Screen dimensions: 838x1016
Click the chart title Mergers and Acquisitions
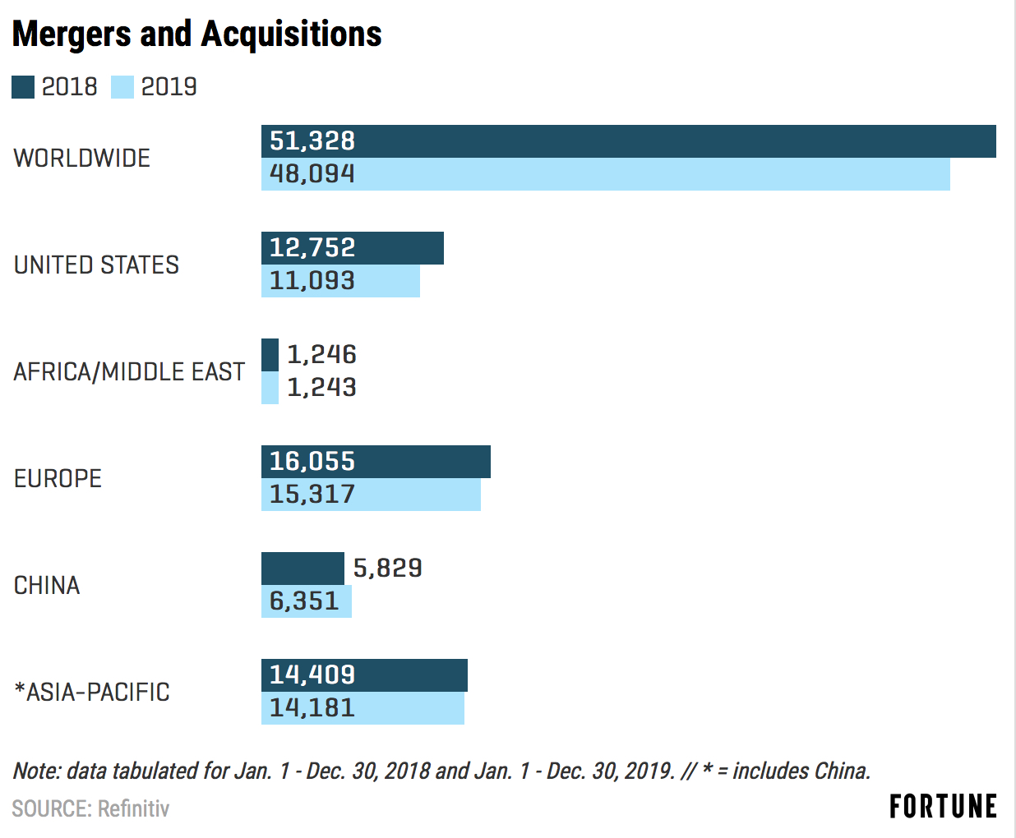tap(197, 35)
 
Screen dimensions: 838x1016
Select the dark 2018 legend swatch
tap(23, 87)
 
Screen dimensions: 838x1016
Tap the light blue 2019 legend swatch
tap(122, 87)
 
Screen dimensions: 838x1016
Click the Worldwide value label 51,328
tap(312, 141)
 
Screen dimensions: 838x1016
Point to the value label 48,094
tap(312, 174)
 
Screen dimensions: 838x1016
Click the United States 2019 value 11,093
tap(312, 281)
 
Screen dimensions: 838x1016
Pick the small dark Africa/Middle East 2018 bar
tap(270, 355)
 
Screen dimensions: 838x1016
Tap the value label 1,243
tap(321, 388)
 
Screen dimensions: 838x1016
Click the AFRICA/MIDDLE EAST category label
tap(129, 372)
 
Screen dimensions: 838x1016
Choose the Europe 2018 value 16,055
tap(312, 462)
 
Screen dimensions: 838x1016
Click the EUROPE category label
tap(58, 479)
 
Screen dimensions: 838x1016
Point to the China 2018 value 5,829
tap(387, 569)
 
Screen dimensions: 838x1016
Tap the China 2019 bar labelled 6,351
tap(306, 601)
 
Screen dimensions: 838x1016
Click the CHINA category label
tap(47, 586)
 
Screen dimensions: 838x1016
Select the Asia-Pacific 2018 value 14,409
tap(312, 675)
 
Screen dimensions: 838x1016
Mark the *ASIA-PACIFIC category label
tap(92, 693)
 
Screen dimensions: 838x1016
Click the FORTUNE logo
tap(943, 807)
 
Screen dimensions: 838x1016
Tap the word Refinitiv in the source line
tap(133, 809)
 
